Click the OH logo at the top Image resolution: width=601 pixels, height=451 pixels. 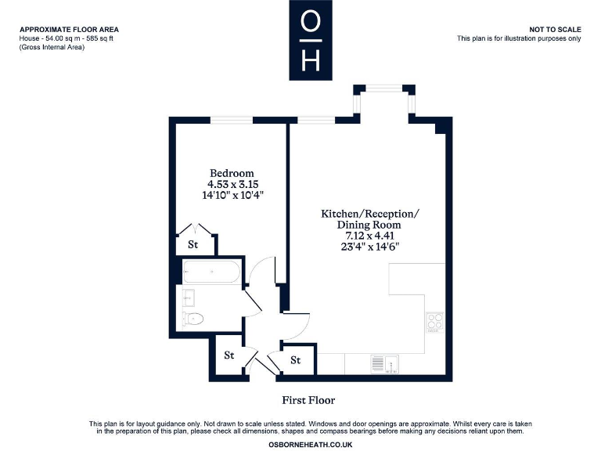tap(311, 40)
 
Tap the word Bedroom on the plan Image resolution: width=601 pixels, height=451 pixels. tap(231, 173)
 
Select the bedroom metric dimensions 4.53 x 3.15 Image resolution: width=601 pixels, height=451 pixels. tap(231, 185)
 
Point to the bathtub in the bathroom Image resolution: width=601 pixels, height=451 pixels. tap(211, 273)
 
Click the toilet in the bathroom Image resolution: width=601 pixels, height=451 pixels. tap(193, 319)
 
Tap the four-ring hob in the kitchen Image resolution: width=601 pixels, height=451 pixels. tap(435, 323)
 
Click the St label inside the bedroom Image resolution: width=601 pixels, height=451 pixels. tap(193, 245)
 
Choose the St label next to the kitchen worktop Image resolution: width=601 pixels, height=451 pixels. tap(296, 360)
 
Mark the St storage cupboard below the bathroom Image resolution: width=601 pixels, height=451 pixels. tap(229, 355)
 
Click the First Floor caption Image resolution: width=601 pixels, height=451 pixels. tap(308, 400)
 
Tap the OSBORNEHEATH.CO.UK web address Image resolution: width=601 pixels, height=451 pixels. tap(311, 444)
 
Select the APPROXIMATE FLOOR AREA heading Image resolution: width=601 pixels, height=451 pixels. tap(70, 29)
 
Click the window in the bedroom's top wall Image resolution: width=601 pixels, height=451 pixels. tap(231, 120)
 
